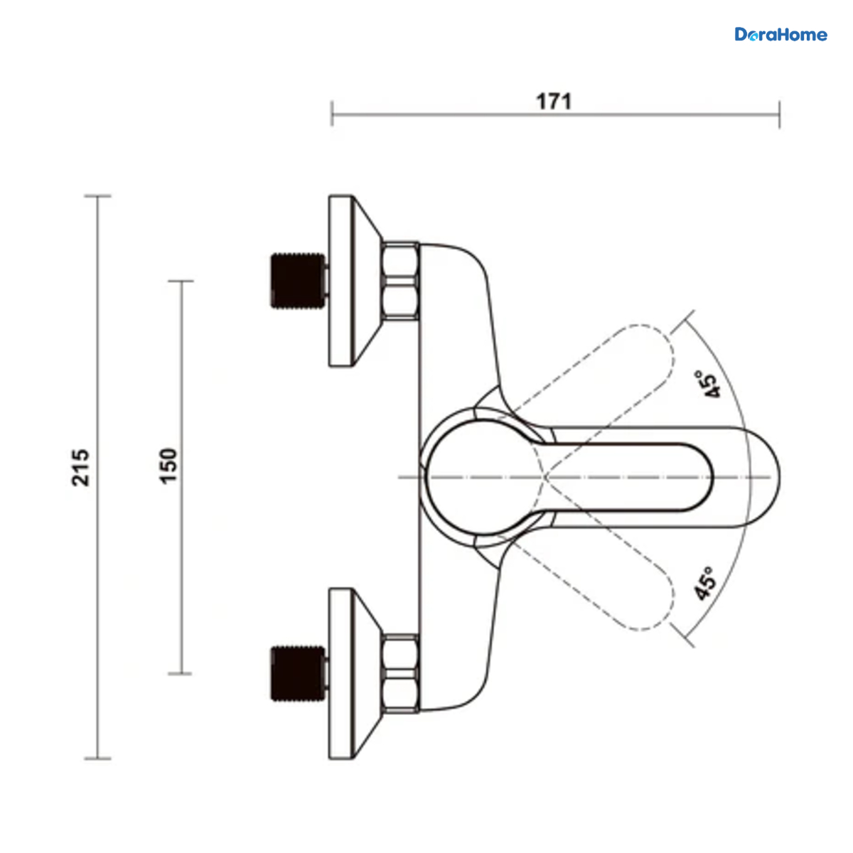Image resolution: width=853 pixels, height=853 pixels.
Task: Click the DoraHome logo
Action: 780,35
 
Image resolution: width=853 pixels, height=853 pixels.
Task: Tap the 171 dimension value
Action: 554,102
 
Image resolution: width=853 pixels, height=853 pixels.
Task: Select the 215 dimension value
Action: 80,468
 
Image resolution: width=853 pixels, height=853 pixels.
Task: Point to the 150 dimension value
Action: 168,466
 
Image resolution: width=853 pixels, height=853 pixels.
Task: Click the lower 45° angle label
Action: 704,584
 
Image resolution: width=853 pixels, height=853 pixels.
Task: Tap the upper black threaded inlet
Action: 299,281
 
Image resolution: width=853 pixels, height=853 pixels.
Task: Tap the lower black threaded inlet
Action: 299,674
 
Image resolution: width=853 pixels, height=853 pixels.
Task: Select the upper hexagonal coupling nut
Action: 399,281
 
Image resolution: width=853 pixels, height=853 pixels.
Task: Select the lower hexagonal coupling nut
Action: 399,673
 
